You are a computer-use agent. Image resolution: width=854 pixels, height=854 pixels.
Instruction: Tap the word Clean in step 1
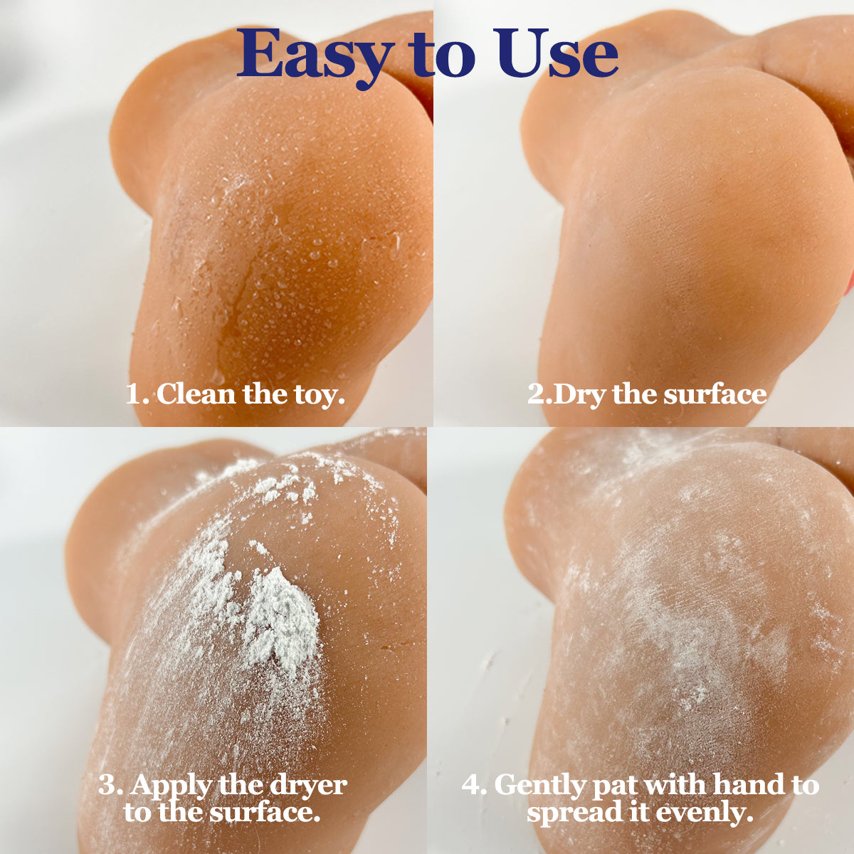tap(196, 394)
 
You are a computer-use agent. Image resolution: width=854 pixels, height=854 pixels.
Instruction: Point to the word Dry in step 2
tap(580, 394)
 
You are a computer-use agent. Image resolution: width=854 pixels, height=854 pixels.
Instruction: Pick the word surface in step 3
tap(264, 812)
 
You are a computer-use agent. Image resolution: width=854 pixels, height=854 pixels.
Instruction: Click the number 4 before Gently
tap(473, 786)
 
